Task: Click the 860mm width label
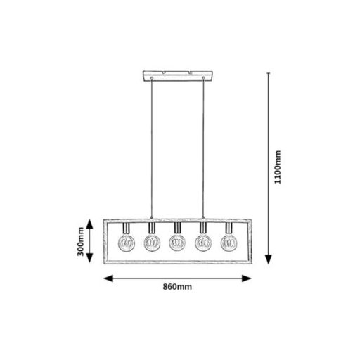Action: pyautogui.click(x=177, y=287)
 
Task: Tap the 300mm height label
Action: pyautogui.click(x=81, y=241)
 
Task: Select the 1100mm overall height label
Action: pyautogui.click(x=278, y=167)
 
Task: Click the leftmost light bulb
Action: pyautogui.click(x=127, y=243)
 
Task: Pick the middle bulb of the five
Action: pyautogui.click(x=177, y=243)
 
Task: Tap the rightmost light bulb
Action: pyautogui.click(x=229, y=243)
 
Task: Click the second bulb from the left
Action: pyautogui.click(x=152, y=243)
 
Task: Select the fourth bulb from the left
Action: pyautogui.click(x=203, y=243)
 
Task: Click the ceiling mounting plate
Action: pyautogui.click(x=178, y=76)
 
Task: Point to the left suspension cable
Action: pyautogui.click(x=152, y=148)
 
